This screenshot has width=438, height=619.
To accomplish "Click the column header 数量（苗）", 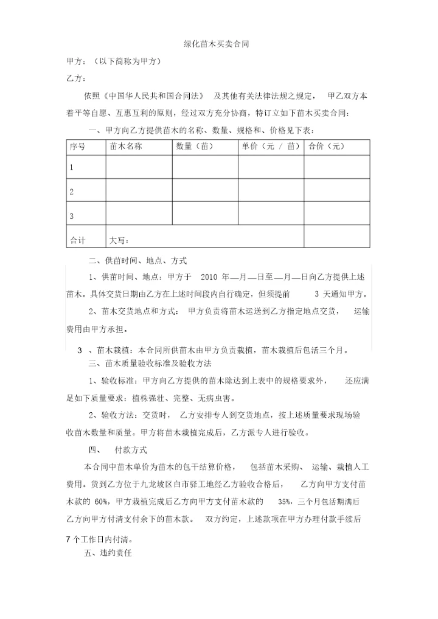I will point(194,147).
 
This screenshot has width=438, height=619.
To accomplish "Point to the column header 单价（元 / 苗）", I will point(271,147).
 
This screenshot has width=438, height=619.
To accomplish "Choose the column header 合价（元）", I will point(326,147).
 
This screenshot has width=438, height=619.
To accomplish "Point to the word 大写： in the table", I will point(119,240).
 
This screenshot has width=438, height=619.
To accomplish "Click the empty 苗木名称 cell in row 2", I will point(139,190).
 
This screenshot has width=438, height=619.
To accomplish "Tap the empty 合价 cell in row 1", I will point(336,167).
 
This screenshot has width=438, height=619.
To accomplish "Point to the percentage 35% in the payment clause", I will point(284,502).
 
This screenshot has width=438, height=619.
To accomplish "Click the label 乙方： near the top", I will point(75,78).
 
